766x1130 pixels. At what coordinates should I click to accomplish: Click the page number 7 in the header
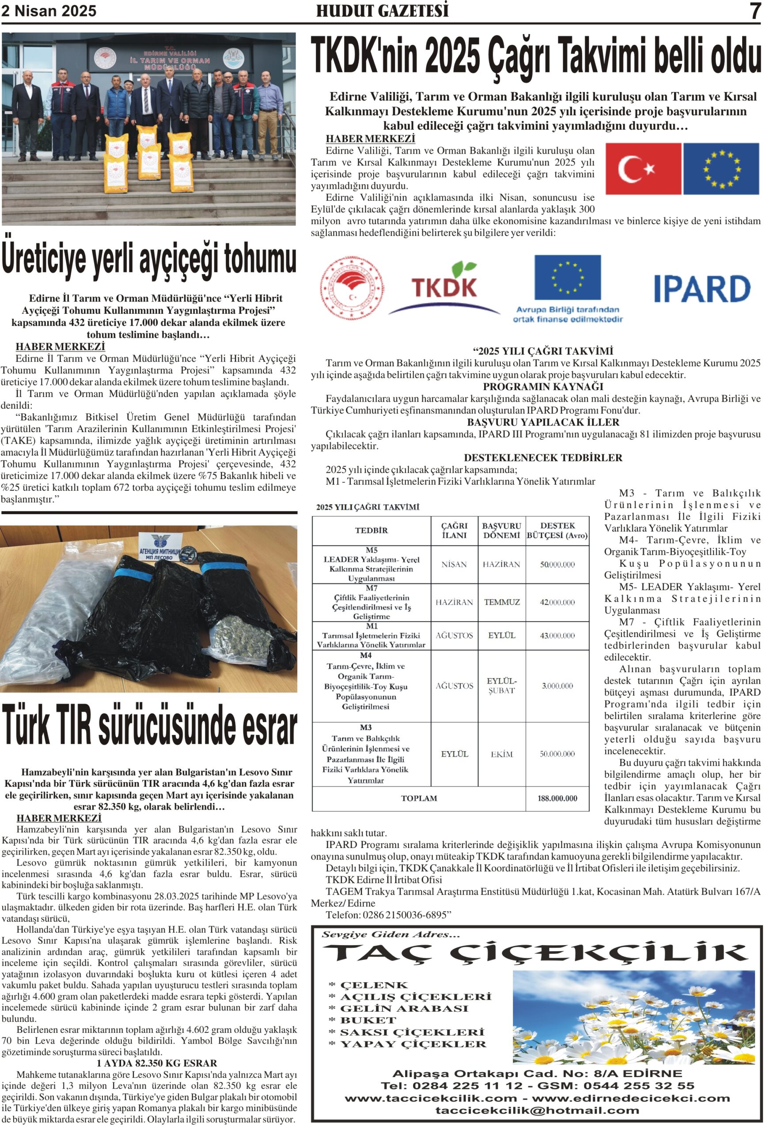(755, 11)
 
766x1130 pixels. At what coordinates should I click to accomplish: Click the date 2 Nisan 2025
(49, 11)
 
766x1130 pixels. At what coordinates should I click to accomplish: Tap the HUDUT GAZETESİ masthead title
(383, 11)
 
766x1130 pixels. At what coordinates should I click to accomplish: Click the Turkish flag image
(642, 168)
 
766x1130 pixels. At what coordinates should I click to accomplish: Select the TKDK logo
(444, 287)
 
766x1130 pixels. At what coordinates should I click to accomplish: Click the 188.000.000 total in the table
(557, 798)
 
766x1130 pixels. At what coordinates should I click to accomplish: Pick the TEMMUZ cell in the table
(502, 602)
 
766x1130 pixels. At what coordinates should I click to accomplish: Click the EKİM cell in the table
(502, 754)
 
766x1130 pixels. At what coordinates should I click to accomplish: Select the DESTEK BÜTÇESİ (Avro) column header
(557, 530)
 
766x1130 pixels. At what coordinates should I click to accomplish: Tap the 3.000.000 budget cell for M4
(557, 686)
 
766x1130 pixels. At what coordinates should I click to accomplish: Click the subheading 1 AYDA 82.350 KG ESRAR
(157, 1063)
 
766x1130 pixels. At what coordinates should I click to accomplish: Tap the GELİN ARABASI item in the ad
(403, 1009)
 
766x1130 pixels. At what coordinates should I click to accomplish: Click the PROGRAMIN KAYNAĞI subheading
(542, 387)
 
